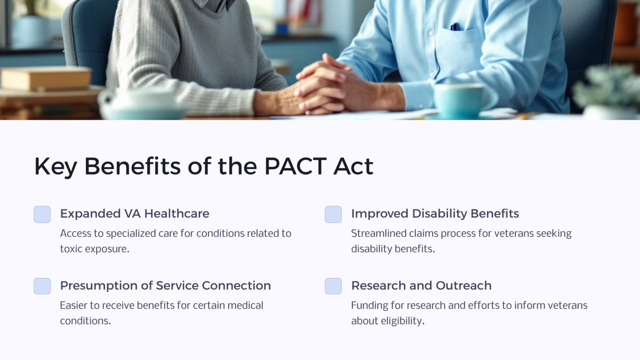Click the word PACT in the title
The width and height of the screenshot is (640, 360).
295,166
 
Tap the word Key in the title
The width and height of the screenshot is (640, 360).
55,167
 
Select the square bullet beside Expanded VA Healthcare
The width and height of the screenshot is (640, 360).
42,214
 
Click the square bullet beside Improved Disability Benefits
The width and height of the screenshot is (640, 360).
333,214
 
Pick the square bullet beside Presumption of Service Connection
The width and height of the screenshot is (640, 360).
42,286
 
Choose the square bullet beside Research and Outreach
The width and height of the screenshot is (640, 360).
333,286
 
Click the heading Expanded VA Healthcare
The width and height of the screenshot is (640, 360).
135,214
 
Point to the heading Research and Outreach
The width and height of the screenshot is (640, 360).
421,285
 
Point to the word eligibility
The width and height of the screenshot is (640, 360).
402,321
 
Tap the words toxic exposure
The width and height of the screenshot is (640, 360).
95,249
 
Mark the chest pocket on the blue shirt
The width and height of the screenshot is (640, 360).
460,46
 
